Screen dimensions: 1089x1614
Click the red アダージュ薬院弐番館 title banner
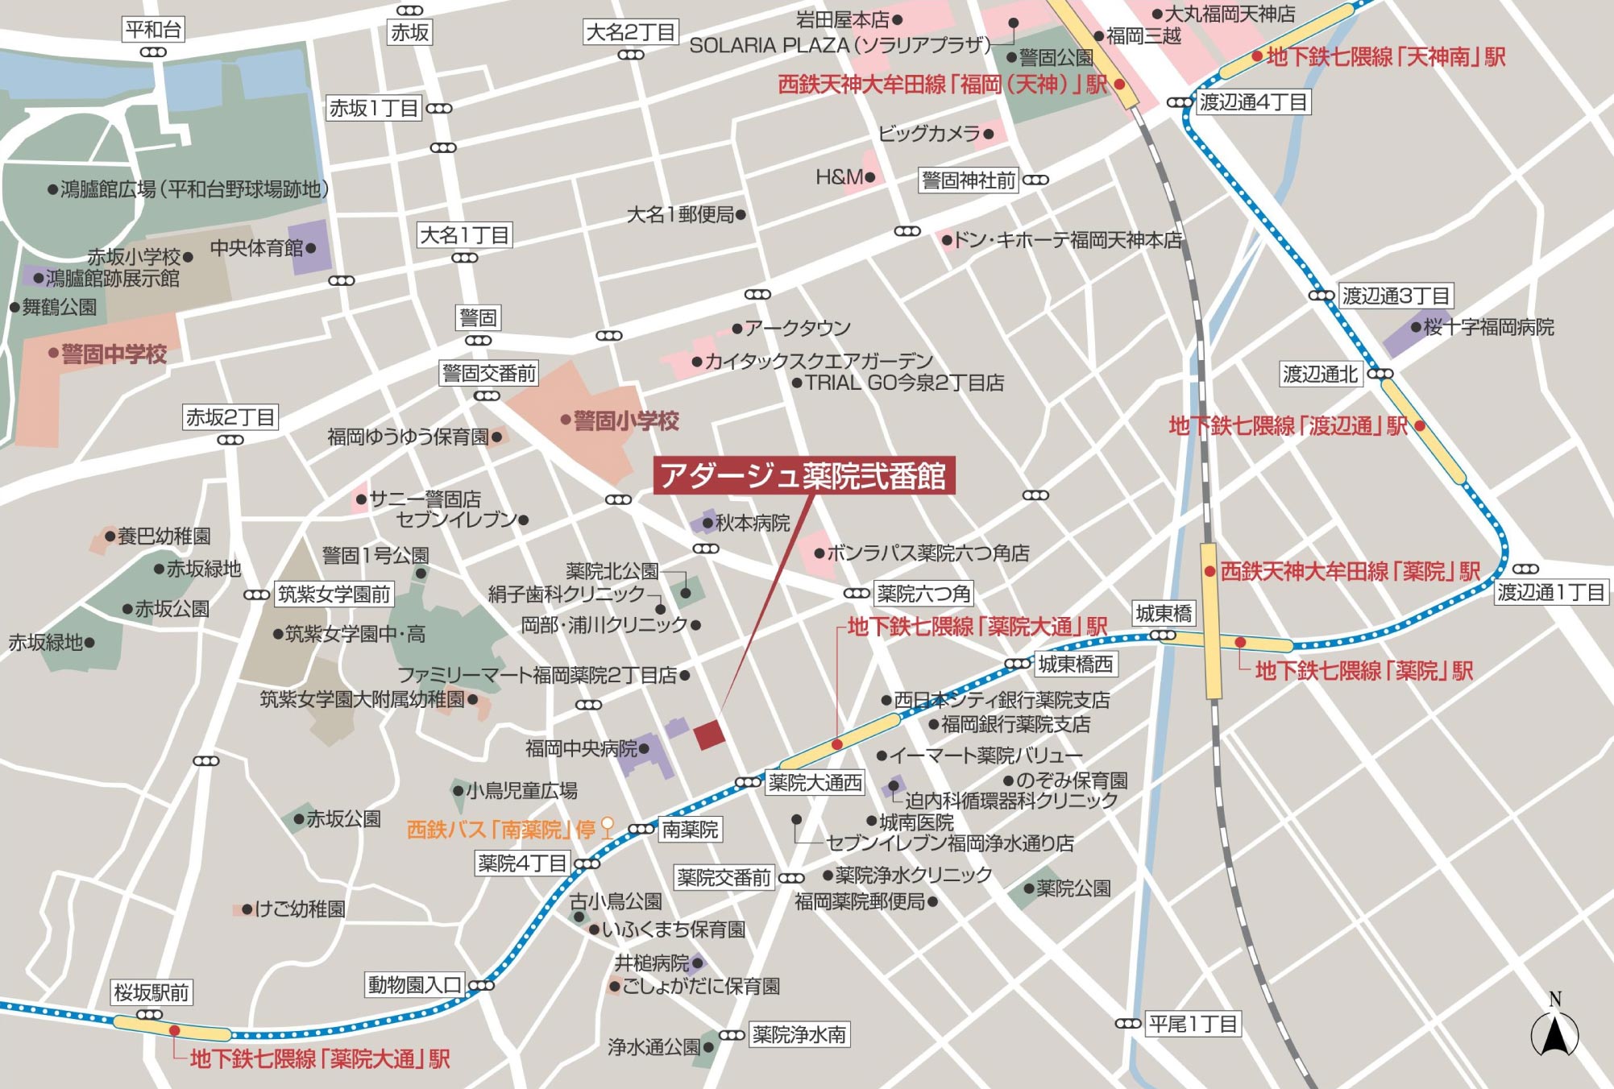click(x=803, y=476)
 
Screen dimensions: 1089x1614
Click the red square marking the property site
click(x=709, y=734)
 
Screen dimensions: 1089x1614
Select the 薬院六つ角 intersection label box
click(x=923, y=594)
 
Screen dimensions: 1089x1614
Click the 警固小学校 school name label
click(x=626, y=420)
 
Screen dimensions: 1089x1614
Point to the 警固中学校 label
click(x=114, y=354)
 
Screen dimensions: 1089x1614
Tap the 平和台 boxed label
click(x=153, y=30)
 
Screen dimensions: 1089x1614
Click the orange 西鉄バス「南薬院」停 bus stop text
click(x=501, y=829)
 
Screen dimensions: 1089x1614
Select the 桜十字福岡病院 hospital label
click(x=1488, y=327)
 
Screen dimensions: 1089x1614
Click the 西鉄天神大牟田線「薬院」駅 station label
click(x=1350, y=571)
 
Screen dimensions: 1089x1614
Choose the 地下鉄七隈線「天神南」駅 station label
click(x=1385, y=56)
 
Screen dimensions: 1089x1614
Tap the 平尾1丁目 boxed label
click(x=1193, y=1024)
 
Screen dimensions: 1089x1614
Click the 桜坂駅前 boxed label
click(x=151, y=992)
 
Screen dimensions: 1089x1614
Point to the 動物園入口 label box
click(x=414, y=984)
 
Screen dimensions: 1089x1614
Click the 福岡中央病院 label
click(x=581, y=748)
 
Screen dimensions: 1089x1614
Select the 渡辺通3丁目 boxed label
click(x=1396, y=296)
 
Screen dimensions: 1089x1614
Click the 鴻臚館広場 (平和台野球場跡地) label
click(x=194, y=189)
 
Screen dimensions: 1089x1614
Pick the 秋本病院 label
click(x=753, y=523)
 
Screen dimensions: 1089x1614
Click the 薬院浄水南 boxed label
click(x=799, y=1034)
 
